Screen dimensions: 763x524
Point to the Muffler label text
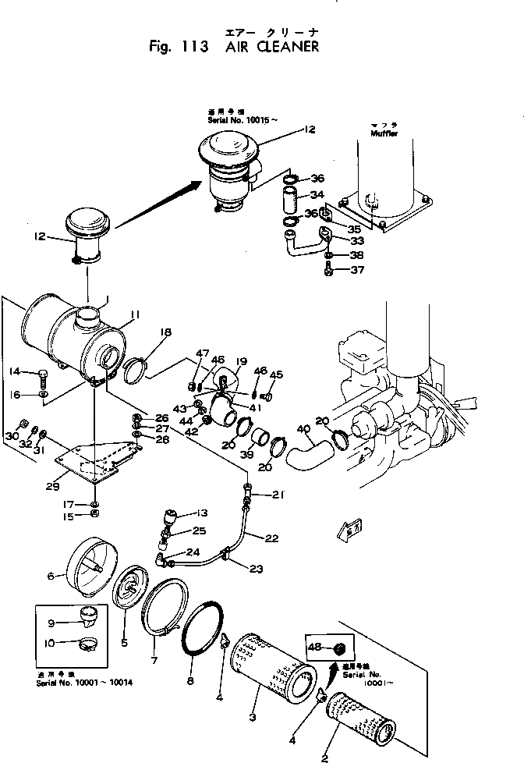point(384,134)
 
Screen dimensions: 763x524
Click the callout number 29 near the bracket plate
point(52,486)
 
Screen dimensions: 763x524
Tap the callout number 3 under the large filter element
point(252,717)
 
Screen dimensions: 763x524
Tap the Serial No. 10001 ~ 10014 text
point(87,682)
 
